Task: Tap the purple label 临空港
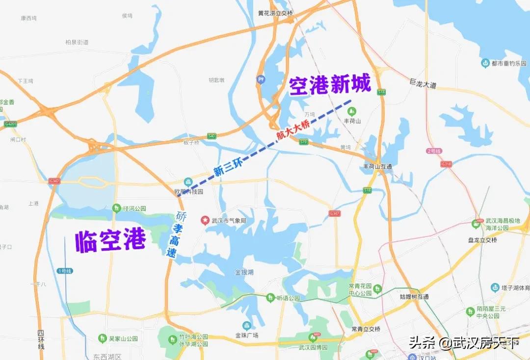pos(110,241)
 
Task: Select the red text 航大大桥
pos(292,130)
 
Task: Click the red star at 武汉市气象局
pos(204,220)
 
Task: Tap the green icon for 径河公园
pos(116,208)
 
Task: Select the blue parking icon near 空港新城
pos(261,79)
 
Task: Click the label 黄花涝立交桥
pos(275,13)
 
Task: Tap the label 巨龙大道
pos(423,85)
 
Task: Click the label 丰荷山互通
pos(377,167)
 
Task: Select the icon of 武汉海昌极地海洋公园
pos(475,224)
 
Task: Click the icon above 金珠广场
pos(247,326)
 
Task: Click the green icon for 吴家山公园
pos(102,338)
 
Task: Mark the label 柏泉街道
pos(77,42)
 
